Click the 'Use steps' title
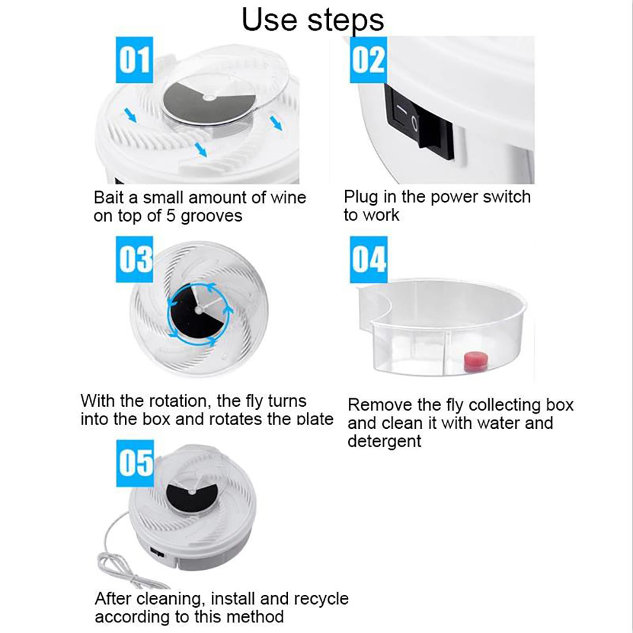313,20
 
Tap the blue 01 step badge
135,60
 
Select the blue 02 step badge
368,60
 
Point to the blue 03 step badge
135,259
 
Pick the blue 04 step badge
368,259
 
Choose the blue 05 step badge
135,463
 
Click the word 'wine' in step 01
288,197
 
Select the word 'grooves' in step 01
211,217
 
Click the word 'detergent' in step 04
384,441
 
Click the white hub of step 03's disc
198,310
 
